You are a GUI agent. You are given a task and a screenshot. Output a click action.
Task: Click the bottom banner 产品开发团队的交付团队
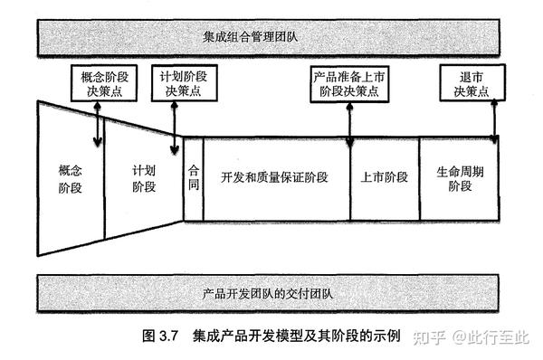[x=271, y=294]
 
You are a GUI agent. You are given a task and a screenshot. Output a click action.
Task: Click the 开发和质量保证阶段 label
[x=275, y=177]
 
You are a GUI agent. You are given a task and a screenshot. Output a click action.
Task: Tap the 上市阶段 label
[x=379, y=177]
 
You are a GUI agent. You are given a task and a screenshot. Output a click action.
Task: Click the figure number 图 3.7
[x=163, y=337]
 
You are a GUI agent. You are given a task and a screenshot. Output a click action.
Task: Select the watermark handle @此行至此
[x=494, y=337]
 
